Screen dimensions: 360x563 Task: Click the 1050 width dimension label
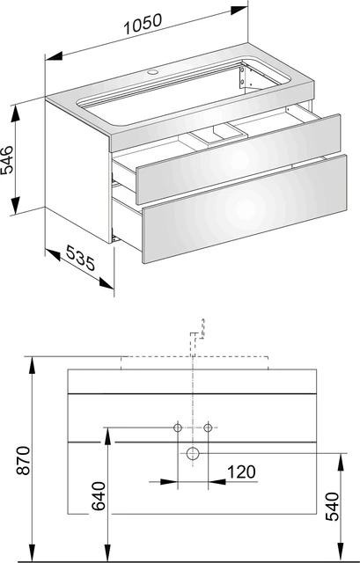pyautogui.click(x=143, y=24)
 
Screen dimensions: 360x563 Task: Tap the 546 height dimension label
pyautogui.click(x=8, y=160)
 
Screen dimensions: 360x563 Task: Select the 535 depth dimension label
pyautogui.click(x=81, y=258)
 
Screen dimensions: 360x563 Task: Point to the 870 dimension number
pyautogui.click(x=24, y=460)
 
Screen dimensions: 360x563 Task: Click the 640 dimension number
pyautogui.click(x=99, y=496)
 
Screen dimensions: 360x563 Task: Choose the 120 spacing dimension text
pyautogui.click(x=241, y=472)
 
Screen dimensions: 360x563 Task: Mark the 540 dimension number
pyautogui.click(x=333, y=507)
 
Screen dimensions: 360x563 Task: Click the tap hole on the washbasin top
pyautogui.click(x=152, y=72)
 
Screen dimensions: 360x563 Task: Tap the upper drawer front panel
pyautogui.click(x=239, y=159)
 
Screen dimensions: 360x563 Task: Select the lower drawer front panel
pyautogui.click(x=245, y=209)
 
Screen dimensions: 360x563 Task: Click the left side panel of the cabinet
pyautogui.click(x=78, y=172)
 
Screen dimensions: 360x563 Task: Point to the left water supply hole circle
pyautogui.click(x=178, y=428)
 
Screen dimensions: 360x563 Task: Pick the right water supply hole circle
pyautogui.click(x=208, y=428)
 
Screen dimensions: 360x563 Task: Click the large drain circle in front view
pyautogui.click(x=193, y=454)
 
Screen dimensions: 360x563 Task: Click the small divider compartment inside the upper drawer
pyautogui.click(x=218, y=135)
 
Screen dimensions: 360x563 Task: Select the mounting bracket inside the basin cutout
pyautogui.click(x=243, y=77)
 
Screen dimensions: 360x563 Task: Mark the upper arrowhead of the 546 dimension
pyautogui.click(x=15, y=113)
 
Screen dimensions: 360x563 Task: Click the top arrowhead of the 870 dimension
pyautogui.click(x=33, y=366)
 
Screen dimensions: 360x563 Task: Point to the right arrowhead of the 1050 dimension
pyautogui.click(x=239, y=10)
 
